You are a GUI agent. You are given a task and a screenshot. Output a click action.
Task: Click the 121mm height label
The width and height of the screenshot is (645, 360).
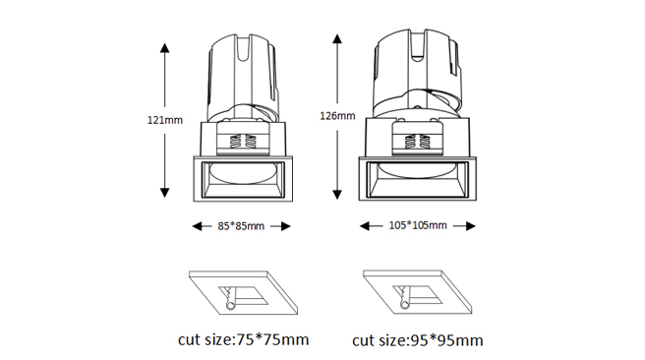(x=164, y=120)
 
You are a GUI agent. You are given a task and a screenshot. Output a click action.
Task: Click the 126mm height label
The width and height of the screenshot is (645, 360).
(x=337, y=116)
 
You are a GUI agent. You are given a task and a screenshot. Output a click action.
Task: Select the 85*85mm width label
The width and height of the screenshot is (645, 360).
(x=241, y=226)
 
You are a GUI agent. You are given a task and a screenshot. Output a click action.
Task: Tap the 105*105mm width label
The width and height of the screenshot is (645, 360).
(x=418, y=225)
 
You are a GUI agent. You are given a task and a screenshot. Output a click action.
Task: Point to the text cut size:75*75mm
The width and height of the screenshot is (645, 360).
(x=243, y=340)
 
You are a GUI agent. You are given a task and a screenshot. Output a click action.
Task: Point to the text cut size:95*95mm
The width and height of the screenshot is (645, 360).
(x=418, y=340)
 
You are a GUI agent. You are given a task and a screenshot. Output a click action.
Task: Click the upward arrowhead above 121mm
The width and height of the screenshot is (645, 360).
(x=164, y=48)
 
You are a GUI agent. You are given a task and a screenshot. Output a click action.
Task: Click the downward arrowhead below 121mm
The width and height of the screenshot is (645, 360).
(x=164, y=193)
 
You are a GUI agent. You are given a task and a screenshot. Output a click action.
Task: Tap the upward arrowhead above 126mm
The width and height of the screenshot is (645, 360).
(x=337, y=39)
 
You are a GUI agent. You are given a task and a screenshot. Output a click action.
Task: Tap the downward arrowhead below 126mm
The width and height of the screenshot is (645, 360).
(x=337, y=194)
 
